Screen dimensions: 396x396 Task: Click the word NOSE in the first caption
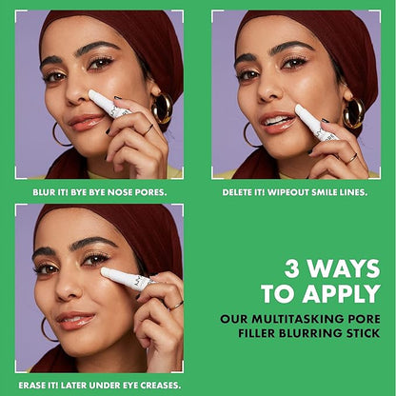point(121,192)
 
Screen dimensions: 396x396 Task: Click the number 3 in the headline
point(292,268)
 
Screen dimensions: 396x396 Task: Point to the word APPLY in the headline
point(342,293)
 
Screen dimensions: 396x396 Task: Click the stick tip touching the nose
point(93,95)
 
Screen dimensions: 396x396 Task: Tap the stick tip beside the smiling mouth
point(300,109)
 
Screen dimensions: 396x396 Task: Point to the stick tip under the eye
point(106,272)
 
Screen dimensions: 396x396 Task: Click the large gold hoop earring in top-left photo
point(162,109)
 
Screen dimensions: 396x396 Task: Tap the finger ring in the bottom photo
point(176,306)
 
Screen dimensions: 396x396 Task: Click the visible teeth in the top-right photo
point(275,121)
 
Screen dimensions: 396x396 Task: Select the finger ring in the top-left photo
point(148,129)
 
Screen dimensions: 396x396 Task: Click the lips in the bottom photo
point(76,320)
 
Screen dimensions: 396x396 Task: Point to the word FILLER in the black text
point(257,333)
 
